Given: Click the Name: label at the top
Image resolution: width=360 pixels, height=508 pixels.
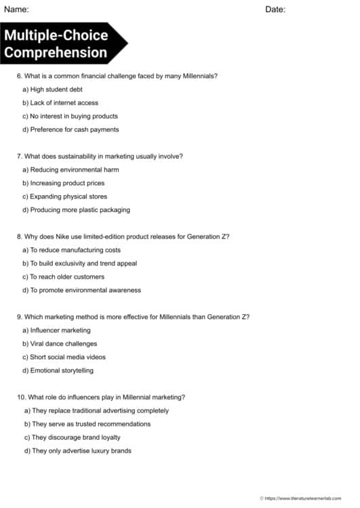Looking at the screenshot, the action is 16,9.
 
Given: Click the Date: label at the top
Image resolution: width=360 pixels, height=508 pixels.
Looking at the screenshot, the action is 275,9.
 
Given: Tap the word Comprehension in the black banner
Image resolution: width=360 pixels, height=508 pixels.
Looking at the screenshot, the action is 56,52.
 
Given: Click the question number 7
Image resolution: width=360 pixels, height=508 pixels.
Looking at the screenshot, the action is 19,156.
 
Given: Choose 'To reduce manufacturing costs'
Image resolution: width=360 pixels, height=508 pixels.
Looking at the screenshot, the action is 75,250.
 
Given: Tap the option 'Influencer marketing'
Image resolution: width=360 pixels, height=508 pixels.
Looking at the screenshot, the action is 60,330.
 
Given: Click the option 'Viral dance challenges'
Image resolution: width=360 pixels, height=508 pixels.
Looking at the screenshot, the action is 64,343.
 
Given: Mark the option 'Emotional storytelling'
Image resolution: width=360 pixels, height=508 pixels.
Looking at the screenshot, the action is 62,371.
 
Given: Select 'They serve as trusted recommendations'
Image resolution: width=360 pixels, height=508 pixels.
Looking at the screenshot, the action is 91,424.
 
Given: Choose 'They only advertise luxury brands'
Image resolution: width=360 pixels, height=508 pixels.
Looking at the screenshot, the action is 81,450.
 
